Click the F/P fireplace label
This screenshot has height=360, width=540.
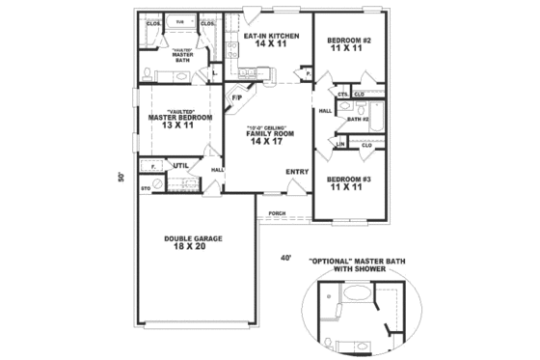(237, 97)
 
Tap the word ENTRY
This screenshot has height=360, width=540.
(297, 172)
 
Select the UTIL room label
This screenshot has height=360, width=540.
(180, 165)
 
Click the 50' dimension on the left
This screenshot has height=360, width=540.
(121, 177)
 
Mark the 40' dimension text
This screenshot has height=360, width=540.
(285, 258)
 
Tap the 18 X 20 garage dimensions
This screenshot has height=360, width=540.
(190, 248)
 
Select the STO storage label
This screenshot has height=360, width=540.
(146, 187)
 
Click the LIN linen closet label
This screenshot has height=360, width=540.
(340, 144)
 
